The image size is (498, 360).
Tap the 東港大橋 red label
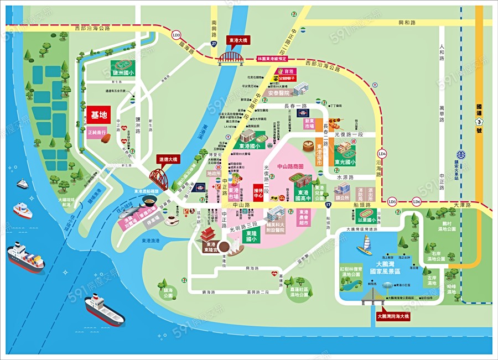(239, 40)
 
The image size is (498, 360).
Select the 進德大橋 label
(168, 159)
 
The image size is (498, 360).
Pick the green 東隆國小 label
(251, 237)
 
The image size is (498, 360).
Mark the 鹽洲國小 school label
(123, 72)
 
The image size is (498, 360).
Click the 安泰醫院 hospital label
(279, 93)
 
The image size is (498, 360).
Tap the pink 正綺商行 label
(96, 133)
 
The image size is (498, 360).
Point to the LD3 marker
(176, 35)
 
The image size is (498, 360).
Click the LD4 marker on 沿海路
(382, 153)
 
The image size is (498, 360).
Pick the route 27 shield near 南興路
(214, 43)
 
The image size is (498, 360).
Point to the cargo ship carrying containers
(26, 257)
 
